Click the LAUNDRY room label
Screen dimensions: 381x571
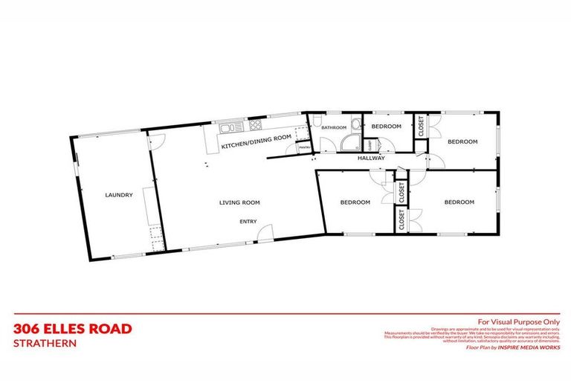tap(119, 195)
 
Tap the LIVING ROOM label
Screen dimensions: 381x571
tap(239, 202)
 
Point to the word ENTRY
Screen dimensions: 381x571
tap(248, 221)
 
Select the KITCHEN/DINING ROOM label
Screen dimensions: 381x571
tap(257, 141)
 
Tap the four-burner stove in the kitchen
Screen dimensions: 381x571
tap(255, 124)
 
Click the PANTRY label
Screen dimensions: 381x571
tap(305, 149)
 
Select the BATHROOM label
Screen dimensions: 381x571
tap(335, 128)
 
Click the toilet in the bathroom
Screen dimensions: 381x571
tap(317, 121)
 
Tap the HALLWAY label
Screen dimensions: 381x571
tap(371, 158)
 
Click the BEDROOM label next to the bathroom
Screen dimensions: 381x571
tap(387, 127)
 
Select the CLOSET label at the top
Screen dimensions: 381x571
tap(421, 127)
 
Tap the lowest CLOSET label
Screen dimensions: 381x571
tap(401, 220)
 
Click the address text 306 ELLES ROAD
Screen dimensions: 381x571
tap(73, 328)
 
